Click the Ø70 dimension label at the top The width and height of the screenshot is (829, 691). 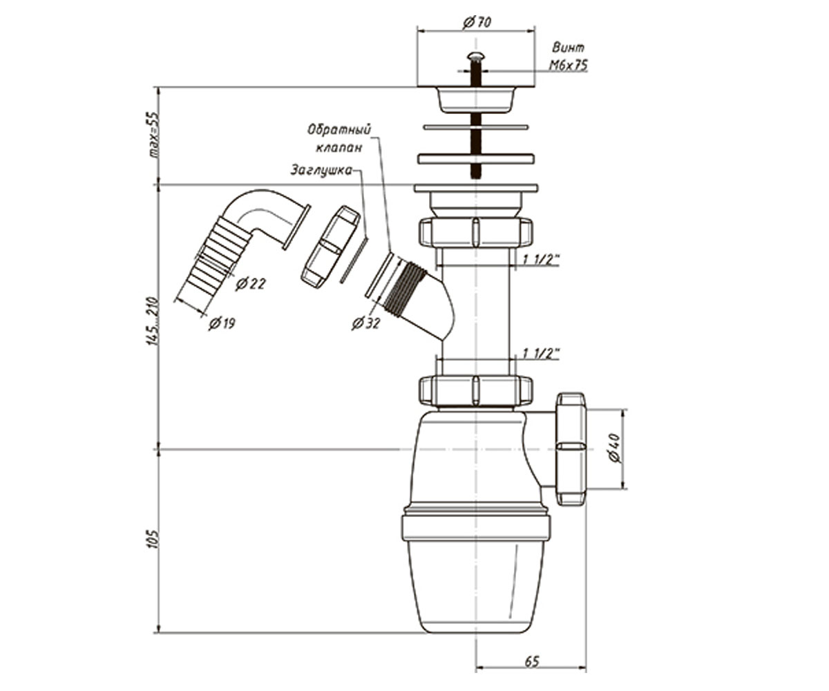coord(477,22)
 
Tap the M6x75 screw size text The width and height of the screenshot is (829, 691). coord(568,65)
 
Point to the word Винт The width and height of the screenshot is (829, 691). coord(568,48)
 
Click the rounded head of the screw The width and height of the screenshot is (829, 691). coord(475,57)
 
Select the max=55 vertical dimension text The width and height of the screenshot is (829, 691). coord(153,135)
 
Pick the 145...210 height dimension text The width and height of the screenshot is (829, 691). coord(153,321)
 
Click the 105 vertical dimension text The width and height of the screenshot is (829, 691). coord(153,538)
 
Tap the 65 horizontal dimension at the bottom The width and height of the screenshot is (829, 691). coord(532,661)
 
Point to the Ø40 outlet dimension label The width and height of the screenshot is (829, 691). coord(614,447)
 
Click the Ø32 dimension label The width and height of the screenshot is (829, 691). coord(365,323)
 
